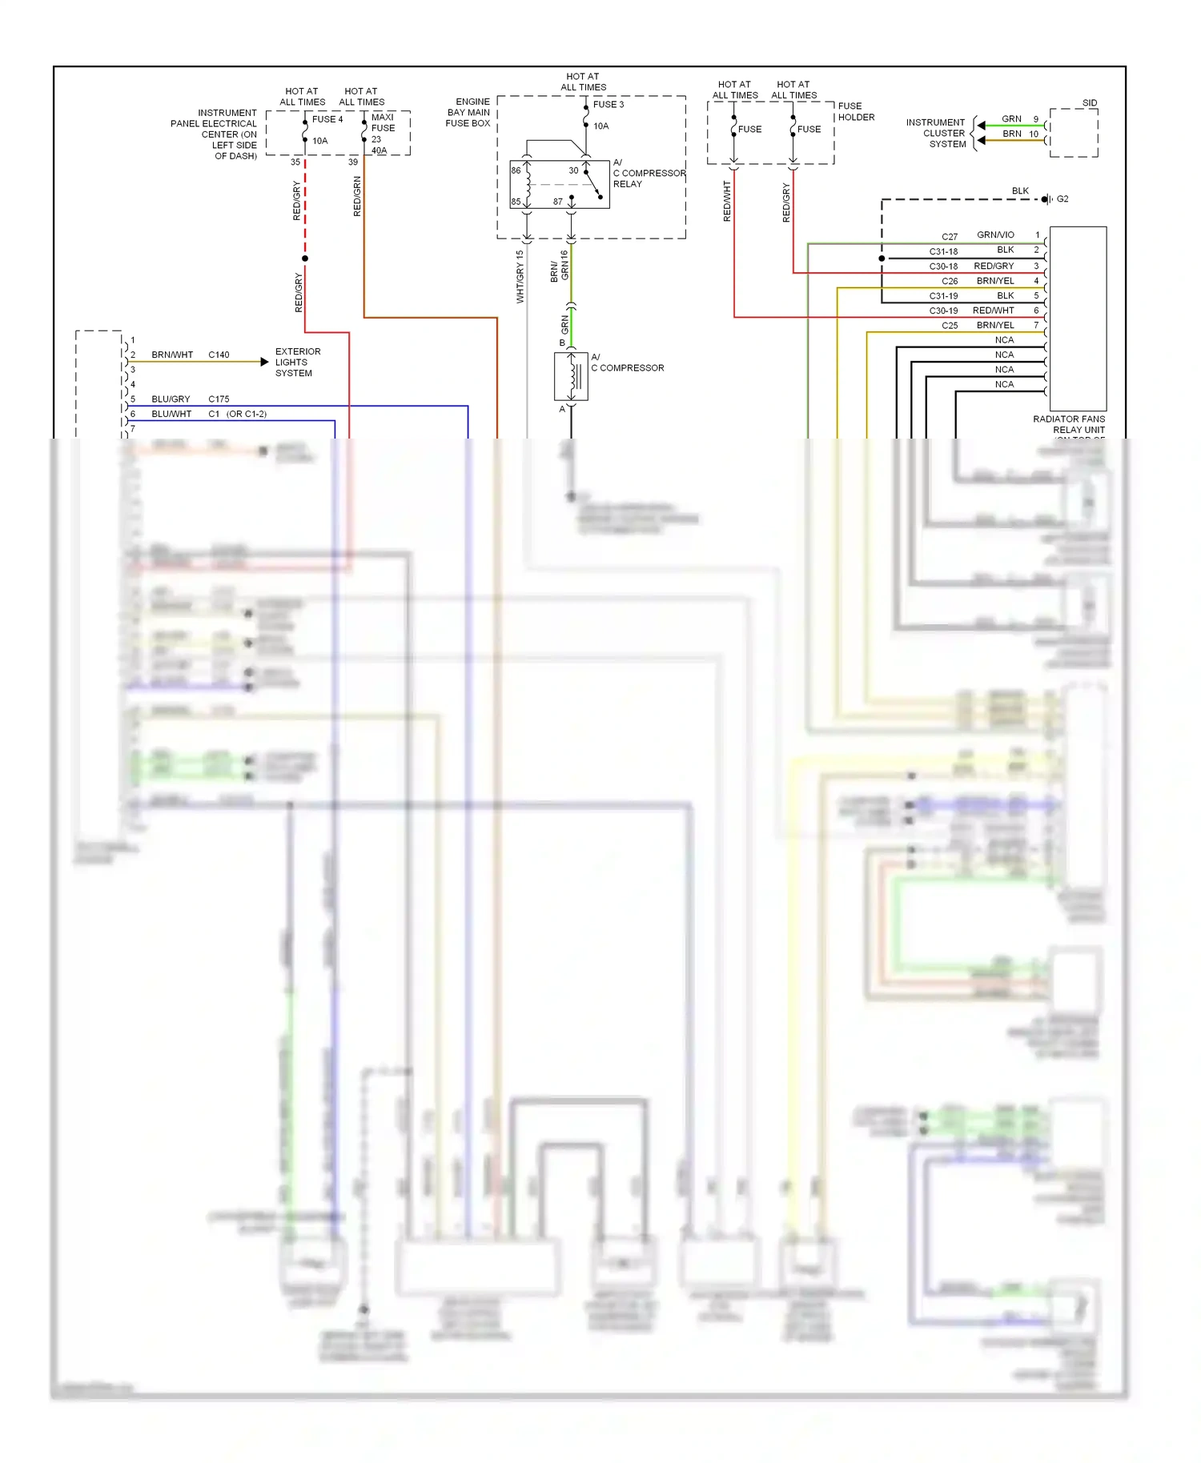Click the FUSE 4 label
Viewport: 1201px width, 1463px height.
pos(327,119)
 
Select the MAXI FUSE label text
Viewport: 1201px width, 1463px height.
pos(383,122)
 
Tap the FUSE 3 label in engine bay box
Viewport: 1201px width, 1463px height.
pos(608,104)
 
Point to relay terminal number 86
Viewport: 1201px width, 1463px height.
pos(516,170)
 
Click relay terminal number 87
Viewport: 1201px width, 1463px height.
pos(557,202)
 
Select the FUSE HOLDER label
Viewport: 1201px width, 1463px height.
pos(856,111)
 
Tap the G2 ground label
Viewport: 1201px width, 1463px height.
pos(1062,199)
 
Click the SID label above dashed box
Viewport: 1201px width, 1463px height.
pos(1089,103)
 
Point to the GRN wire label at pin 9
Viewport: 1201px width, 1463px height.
pos(1011,118)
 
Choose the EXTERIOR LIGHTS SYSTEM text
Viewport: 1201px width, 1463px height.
pos(297,363)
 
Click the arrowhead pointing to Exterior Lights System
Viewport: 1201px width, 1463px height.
pos(265,362)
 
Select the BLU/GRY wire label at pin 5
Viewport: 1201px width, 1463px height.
pos(171,399)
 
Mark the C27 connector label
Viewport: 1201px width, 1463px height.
pos(949,237)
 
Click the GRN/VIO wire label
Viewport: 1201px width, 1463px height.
pos(994,234)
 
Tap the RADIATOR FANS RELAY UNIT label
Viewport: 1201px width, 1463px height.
pos(1069,424)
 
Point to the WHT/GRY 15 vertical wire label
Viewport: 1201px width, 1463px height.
pos(520,276)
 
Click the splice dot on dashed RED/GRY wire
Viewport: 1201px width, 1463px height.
pos(305,259)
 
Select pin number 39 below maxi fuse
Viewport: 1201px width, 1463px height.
pos(352,162)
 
